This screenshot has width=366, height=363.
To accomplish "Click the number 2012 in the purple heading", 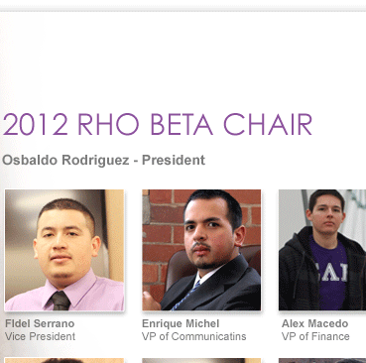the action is pyautogui.click(x=35, y=124).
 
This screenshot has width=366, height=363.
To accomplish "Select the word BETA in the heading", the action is pyautogui.click(x=182, y=124).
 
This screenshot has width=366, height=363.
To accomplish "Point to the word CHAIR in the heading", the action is pyautogui.click(x=268, y=124).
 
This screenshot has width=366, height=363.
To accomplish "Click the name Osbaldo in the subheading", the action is pyautogui.click(x=30, y=160).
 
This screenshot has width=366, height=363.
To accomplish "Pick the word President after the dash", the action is pyautogui.click(x=174, y=160).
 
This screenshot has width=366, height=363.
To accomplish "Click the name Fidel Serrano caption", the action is pyautogui.click(x=40, y=323).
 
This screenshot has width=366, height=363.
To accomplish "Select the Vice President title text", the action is pyautogui.click(x=40, y=336).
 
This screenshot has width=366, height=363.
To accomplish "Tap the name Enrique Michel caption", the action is pyautogui.click(x=181, y=323).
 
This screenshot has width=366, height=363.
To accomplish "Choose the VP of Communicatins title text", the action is pyautogui.click(x=194, y=336).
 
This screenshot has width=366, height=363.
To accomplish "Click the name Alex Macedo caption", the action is pyautogui.click(x=314, y=323).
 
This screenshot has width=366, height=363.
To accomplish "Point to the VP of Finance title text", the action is pyautogui.click(x=315, y=336).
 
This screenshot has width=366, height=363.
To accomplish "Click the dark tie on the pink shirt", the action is pyautogui.click(x=61, y=301).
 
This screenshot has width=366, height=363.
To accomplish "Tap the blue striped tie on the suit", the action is pyautogui.click(x=185, y=296).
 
